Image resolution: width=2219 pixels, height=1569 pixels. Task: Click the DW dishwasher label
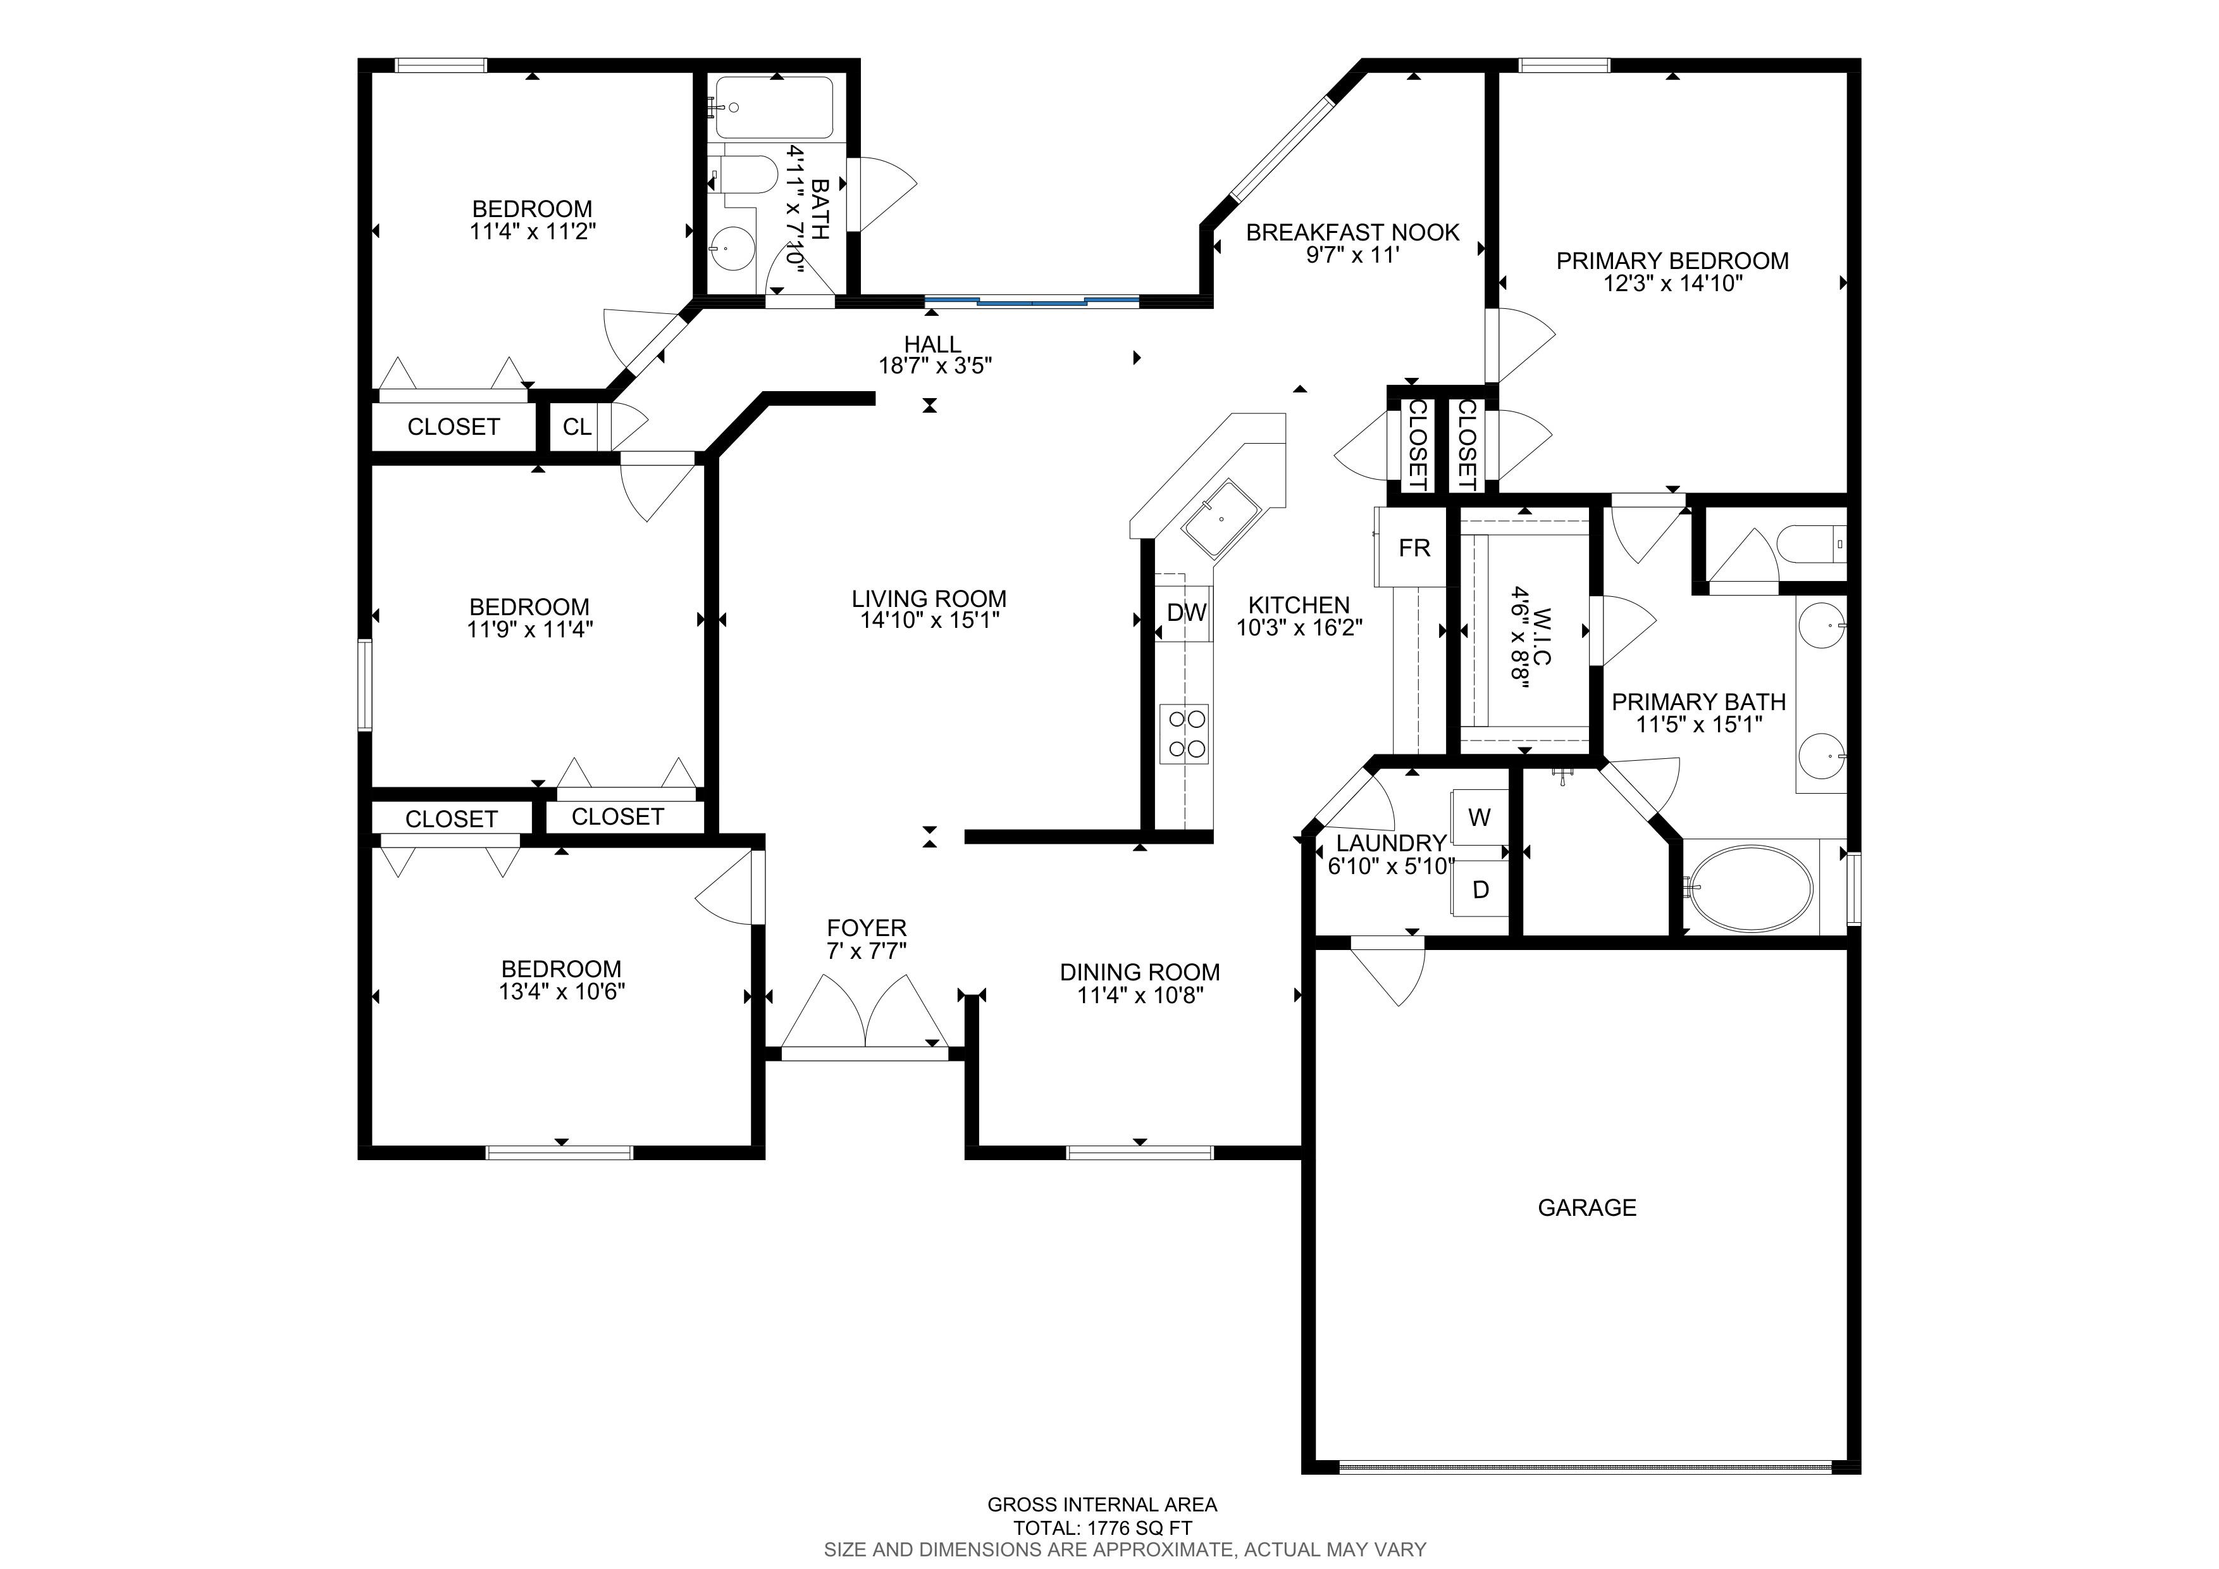click(x=1186, y=612)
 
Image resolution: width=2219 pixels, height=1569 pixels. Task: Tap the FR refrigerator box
click(x=1413, y=547)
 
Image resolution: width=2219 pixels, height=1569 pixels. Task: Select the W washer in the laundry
click(x=1479, y=817)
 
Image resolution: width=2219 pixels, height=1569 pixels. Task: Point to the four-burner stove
click(x=1185, y=734)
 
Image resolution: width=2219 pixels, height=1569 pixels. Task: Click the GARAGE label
click(x=1587, y=1208)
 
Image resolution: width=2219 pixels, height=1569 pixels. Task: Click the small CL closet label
click(x=577, y=427)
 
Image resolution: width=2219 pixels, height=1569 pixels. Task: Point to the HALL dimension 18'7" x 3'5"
click(x=934, y=365)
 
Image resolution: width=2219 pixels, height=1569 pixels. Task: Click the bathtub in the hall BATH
click(x=773, y=108)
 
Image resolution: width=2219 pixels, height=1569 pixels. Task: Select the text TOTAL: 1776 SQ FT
click(x=1103, y=1528)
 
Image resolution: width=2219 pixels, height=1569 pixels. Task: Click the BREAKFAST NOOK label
click(x=1352, y=232)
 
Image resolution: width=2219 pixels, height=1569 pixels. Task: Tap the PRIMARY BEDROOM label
click(x=1672, y=260)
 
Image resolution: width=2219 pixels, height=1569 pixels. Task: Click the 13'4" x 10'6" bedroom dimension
click(x=562, y=991)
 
